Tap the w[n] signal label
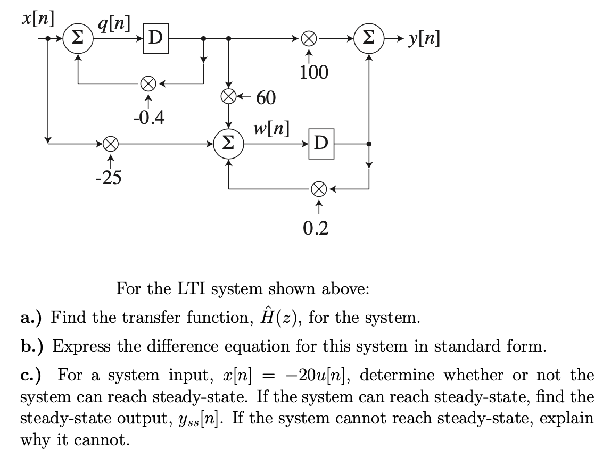coord(273,128)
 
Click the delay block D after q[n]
coord(156,38)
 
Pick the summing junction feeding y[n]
coord(368,38)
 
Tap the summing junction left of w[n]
coord(228,143)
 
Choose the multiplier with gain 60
coord(228,97)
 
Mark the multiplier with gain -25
coord(110,143)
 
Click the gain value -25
coord(108,177)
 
